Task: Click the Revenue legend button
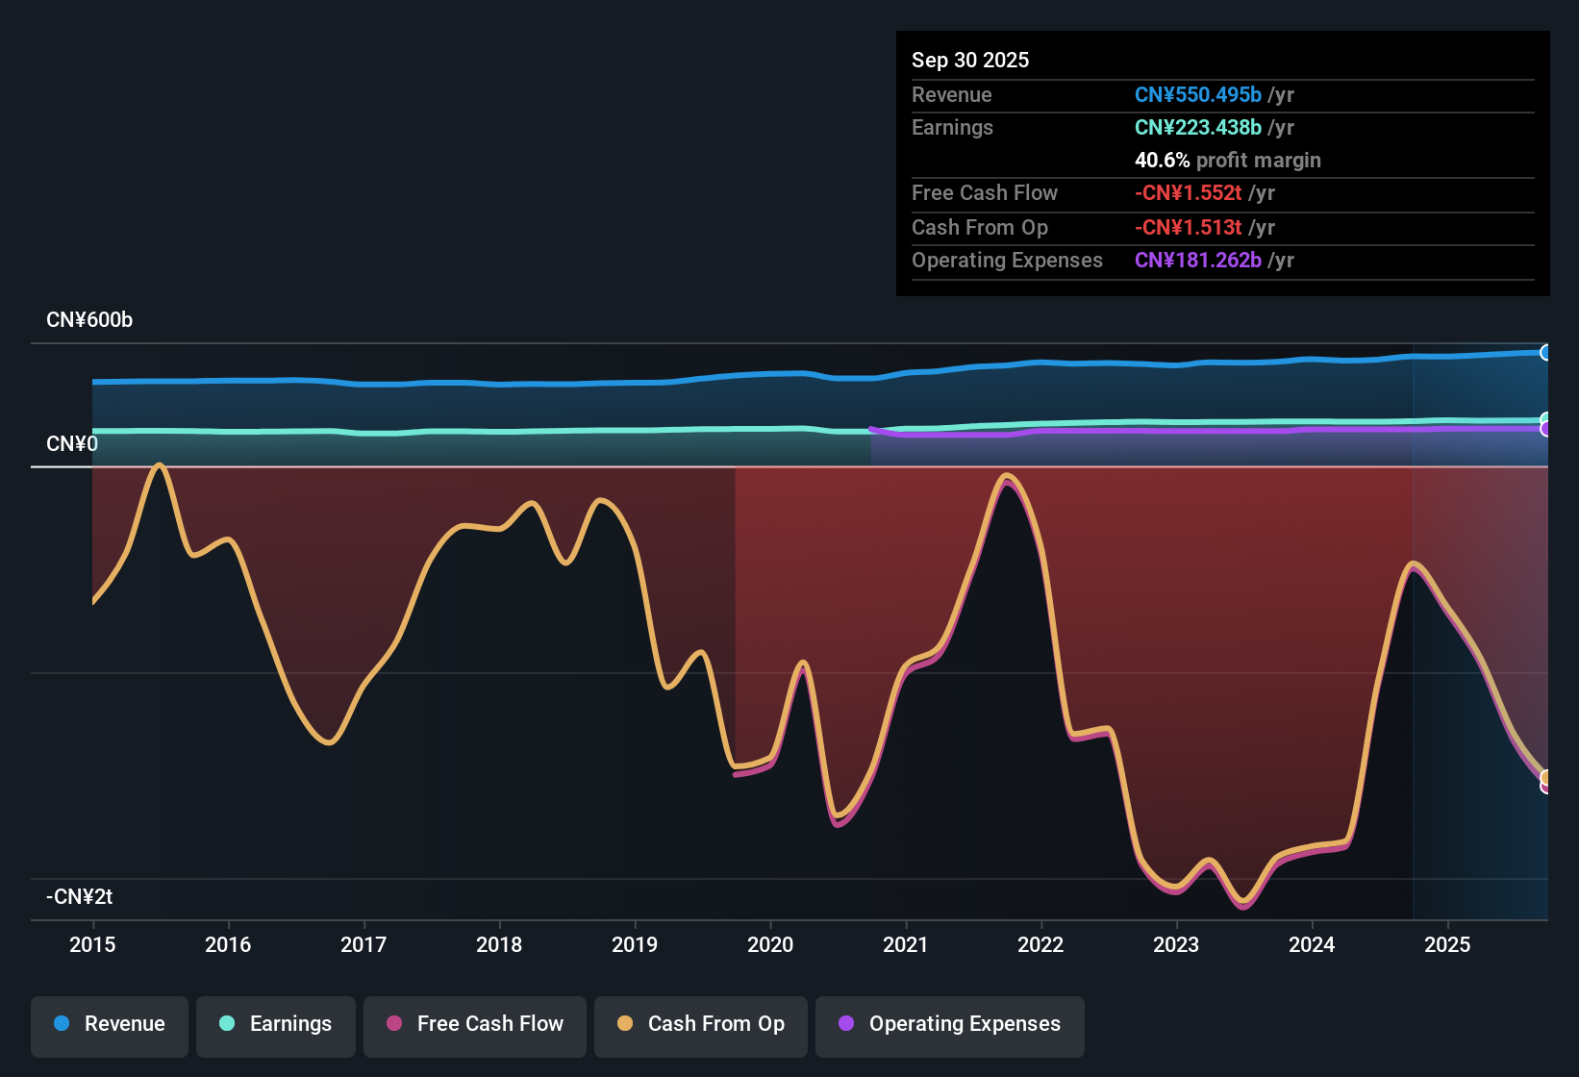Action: pos(110,1024)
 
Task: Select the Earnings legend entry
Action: pos(276,1024)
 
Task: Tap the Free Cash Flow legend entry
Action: pos(475,1024)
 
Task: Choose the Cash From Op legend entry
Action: pos(701,1024)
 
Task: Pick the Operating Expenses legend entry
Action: pos(950,1024)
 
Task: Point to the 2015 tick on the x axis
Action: pos(92,944)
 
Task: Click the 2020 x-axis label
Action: pos(770,944)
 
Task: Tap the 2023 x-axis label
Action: pos(1176,944)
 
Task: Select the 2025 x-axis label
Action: pos(1447,944)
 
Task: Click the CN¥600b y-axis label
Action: pos(89,320)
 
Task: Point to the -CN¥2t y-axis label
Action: pos(80,897)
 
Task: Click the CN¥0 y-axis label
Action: pos(72,444)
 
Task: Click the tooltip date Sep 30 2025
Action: pos(970,61)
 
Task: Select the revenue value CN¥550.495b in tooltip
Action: pos(1197,95)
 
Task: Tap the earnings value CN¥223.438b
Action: pos(1197,128)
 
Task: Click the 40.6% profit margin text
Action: pos(1227,161)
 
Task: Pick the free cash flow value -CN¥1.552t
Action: pos(1188,193)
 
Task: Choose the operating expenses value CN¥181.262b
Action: pos(1197,261)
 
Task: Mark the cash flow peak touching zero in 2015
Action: pos(160,465)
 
